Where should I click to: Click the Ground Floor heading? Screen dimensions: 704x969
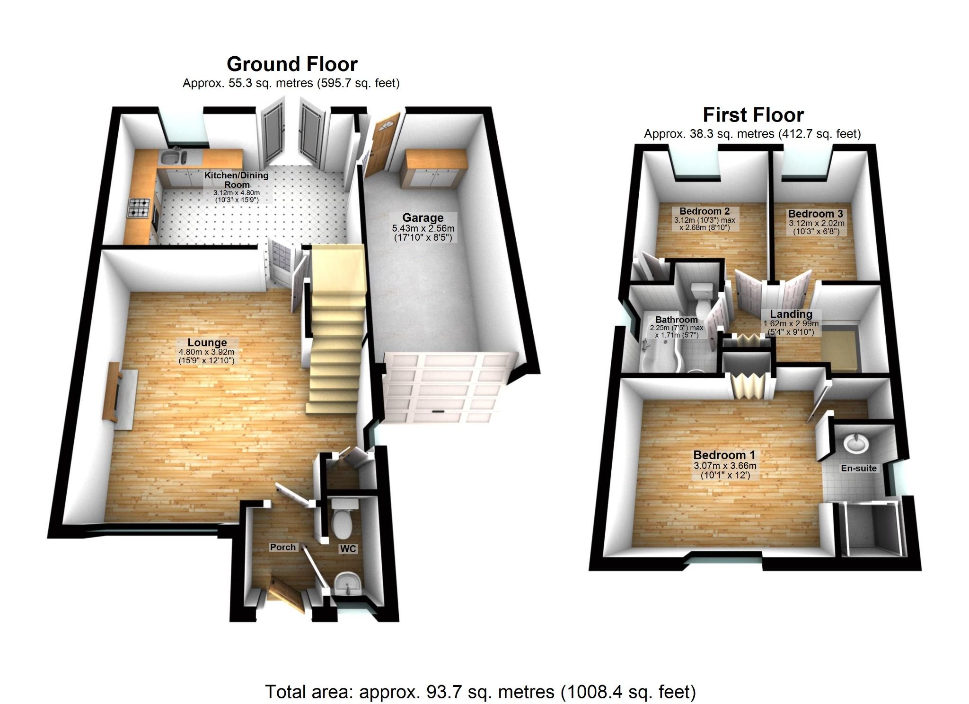[x=292, y=64]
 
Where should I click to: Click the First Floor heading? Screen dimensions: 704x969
[x=753, y=115]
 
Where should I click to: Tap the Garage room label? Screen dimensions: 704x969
[x=423, y=218]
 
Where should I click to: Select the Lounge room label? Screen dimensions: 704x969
[x=207, y=343]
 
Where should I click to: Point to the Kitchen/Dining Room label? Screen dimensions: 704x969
[x=236, y=180]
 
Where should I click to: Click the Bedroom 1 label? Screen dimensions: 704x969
[x=724, y=455]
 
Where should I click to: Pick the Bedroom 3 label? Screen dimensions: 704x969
[x=815, y=214]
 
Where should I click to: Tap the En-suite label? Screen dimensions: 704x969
[x=859, y=469]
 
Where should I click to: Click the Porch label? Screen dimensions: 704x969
[x=282, y=547]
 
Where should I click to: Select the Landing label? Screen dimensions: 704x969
[x=791, y=314]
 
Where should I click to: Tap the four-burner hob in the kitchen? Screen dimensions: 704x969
[x=139, y=208]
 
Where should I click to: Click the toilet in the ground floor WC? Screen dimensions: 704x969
[x=343, y=521]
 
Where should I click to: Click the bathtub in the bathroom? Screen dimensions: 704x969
[x=660, y=355]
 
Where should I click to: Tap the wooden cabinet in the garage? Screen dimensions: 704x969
[x=434, y=169]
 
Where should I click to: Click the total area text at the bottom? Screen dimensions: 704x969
[x=480, y=692]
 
